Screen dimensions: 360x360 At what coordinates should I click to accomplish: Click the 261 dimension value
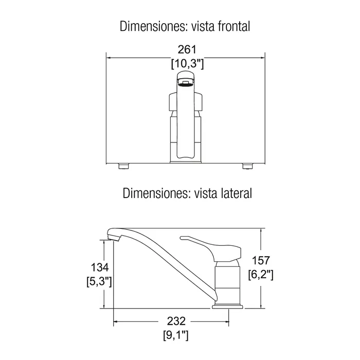[187, 49]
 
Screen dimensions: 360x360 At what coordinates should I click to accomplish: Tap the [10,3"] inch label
[187, 63]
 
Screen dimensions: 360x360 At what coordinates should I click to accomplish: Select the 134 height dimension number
[100, 267]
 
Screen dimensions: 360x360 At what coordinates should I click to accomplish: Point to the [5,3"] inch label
[99, 281]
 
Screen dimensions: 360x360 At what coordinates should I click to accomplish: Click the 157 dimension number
[261, 261]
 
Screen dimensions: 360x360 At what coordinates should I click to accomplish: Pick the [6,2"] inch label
[261, 274]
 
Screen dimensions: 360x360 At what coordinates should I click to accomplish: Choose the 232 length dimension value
[176, 321]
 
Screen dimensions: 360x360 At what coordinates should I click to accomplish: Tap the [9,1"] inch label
[176, 335]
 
